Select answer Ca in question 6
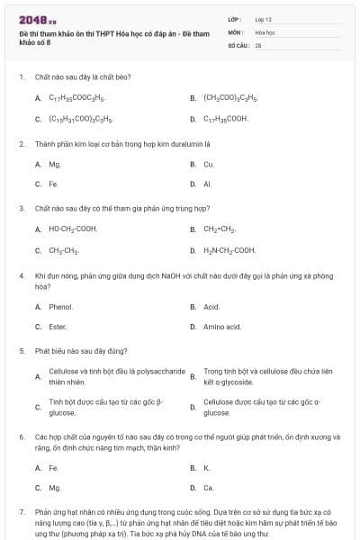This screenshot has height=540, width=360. [209, 488]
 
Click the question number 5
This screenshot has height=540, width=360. [21, 350]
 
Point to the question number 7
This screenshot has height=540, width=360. [21, 511]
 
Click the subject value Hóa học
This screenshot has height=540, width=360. [265, 31]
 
